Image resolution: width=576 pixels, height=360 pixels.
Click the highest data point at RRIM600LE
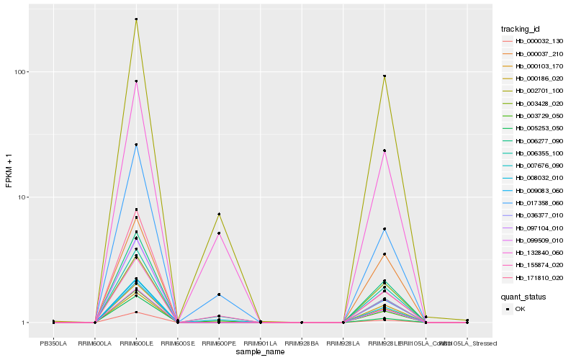(137, 19)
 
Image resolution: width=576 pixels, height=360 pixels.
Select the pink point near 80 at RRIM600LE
(137, 81)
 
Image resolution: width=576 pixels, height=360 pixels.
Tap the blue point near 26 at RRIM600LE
(137, 145)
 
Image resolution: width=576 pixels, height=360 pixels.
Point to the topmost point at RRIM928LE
(384, 76)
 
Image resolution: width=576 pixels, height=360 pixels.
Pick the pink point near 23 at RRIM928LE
(384, 150)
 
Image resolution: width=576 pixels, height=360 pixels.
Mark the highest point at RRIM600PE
(219, 214)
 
